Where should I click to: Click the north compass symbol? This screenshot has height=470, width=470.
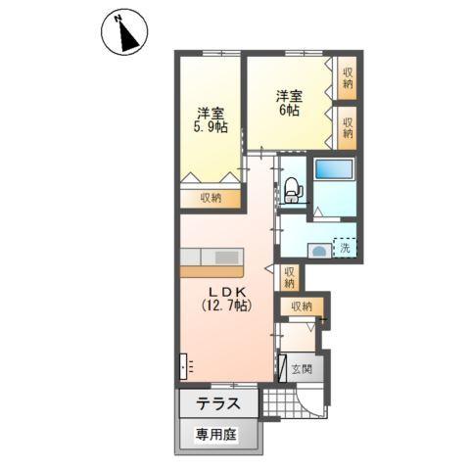pyautogui.click(x=124, y=33)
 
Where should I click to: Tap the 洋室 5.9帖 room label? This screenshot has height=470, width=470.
pyautogui.click(x=209, y=119)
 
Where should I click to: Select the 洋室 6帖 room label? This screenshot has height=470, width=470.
pyautogui.click(x=288, y=103)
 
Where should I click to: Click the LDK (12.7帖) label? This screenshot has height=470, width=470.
pyautogui.click(x=225, y=300)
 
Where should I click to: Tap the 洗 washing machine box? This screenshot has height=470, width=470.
pyautogui.click(x=345, y=248)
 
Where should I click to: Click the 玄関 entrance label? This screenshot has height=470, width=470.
pyautogui.click(x=302, y=369)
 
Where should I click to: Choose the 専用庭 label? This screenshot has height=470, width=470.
pyautogui.click(x=213, y=432)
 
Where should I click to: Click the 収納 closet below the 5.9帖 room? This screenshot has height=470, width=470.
pyautogui.click(x=211, y=198)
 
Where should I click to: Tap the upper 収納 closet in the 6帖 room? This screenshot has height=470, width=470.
pyautogui.click(x=348, y=77)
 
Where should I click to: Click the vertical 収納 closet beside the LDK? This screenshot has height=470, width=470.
pyautogui.click(x=289, y=277)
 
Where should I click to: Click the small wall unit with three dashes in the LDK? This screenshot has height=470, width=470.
pyautogui.click(x=187, y=366)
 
